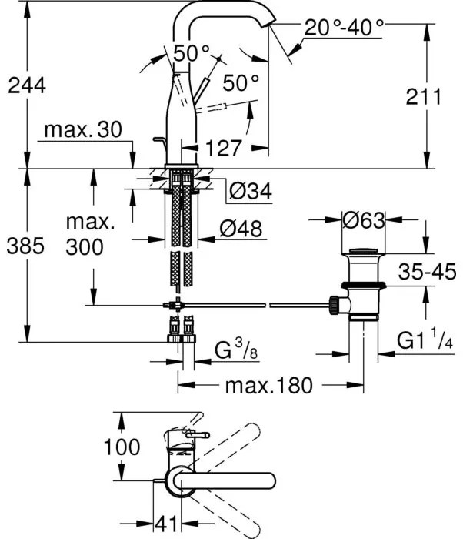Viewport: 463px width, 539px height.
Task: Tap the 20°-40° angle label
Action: [x=345, y=28]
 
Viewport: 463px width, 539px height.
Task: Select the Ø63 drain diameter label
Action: [x=361, y=220]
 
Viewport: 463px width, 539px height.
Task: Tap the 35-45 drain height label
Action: [x=428, y=270]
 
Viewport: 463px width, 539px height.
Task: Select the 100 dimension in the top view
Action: [x=122, y=447]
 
